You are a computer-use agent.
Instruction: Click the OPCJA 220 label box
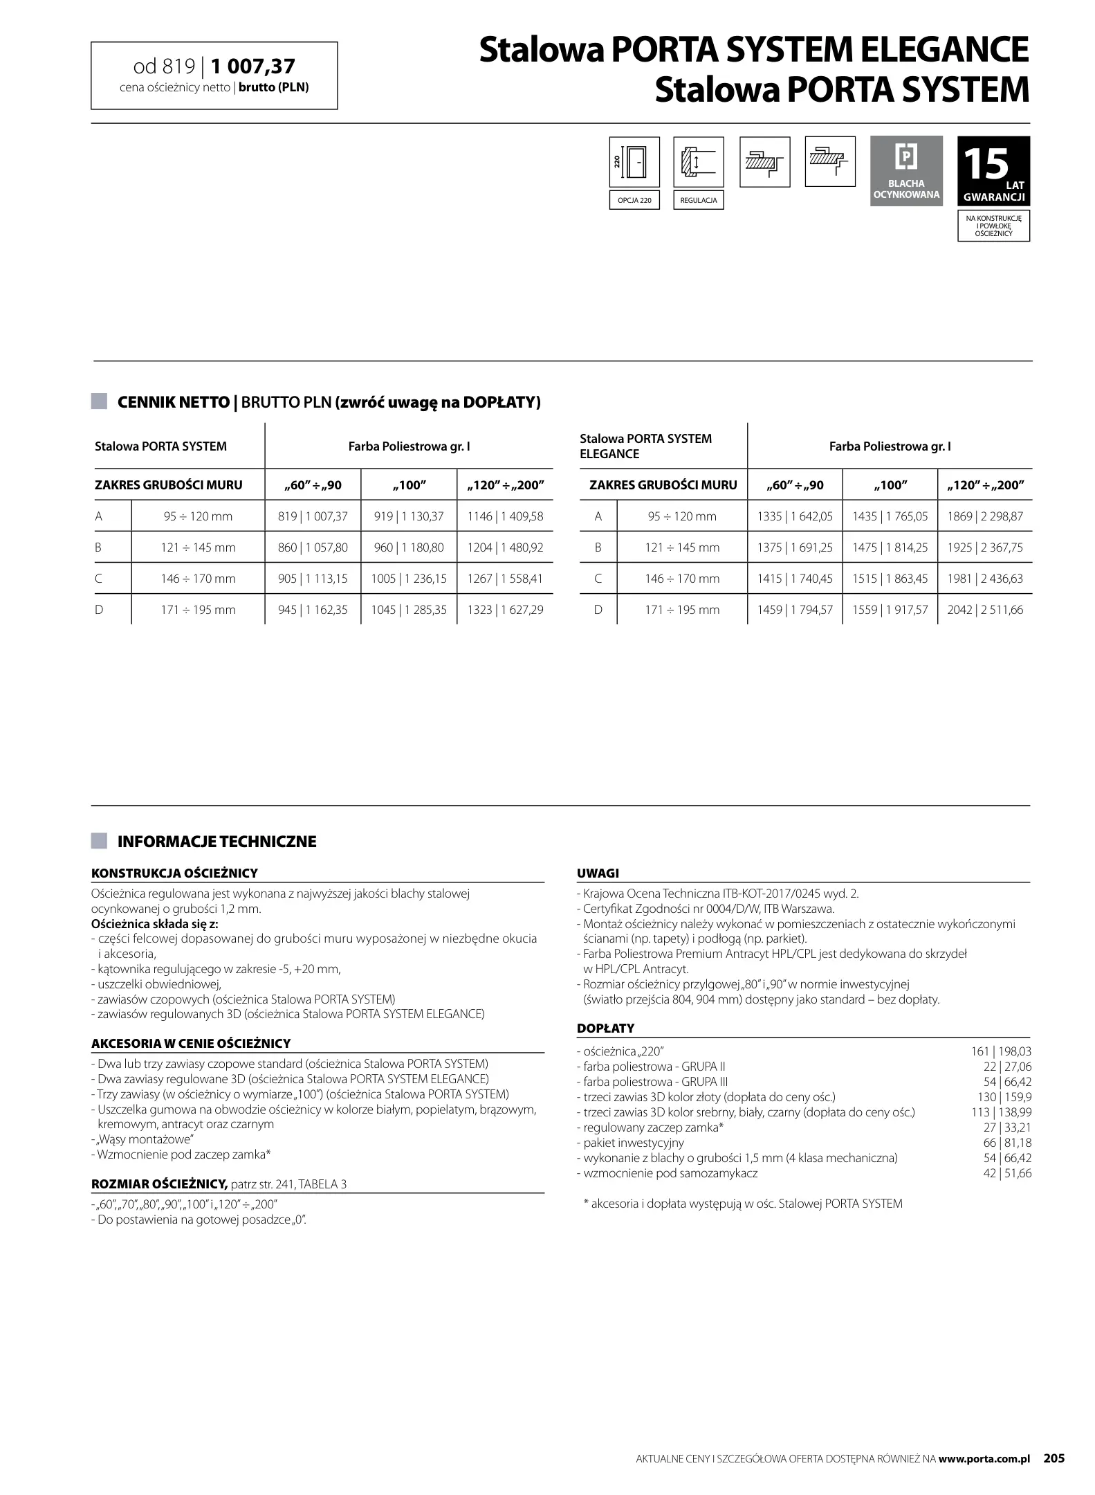634,201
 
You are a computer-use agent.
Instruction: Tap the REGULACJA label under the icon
699,201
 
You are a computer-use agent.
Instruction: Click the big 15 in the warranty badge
985,164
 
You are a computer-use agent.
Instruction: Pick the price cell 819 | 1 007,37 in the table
313,516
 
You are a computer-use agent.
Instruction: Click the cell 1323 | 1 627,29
505,610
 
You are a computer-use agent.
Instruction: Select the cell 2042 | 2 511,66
985,610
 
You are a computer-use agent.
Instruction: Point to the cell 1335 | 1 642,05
795,516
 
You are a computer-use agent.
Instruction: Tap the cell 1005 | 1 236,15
409,579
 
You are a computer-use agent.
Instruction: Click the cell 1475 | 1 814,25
890,547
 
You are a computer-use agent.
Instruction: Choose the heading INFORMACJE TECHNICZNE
217,842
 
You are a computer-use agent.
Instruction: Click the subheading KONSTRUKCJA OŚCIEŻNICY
174,873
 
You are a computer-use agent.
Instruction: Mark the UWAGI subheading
598,873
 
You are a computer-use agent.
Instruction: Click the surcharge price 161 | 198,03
1001,1052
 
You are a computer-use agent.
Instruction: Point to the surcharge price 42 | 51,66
1007,1173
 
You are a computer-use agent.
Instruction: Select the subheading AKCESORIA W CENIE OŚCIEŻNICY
191,1043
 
